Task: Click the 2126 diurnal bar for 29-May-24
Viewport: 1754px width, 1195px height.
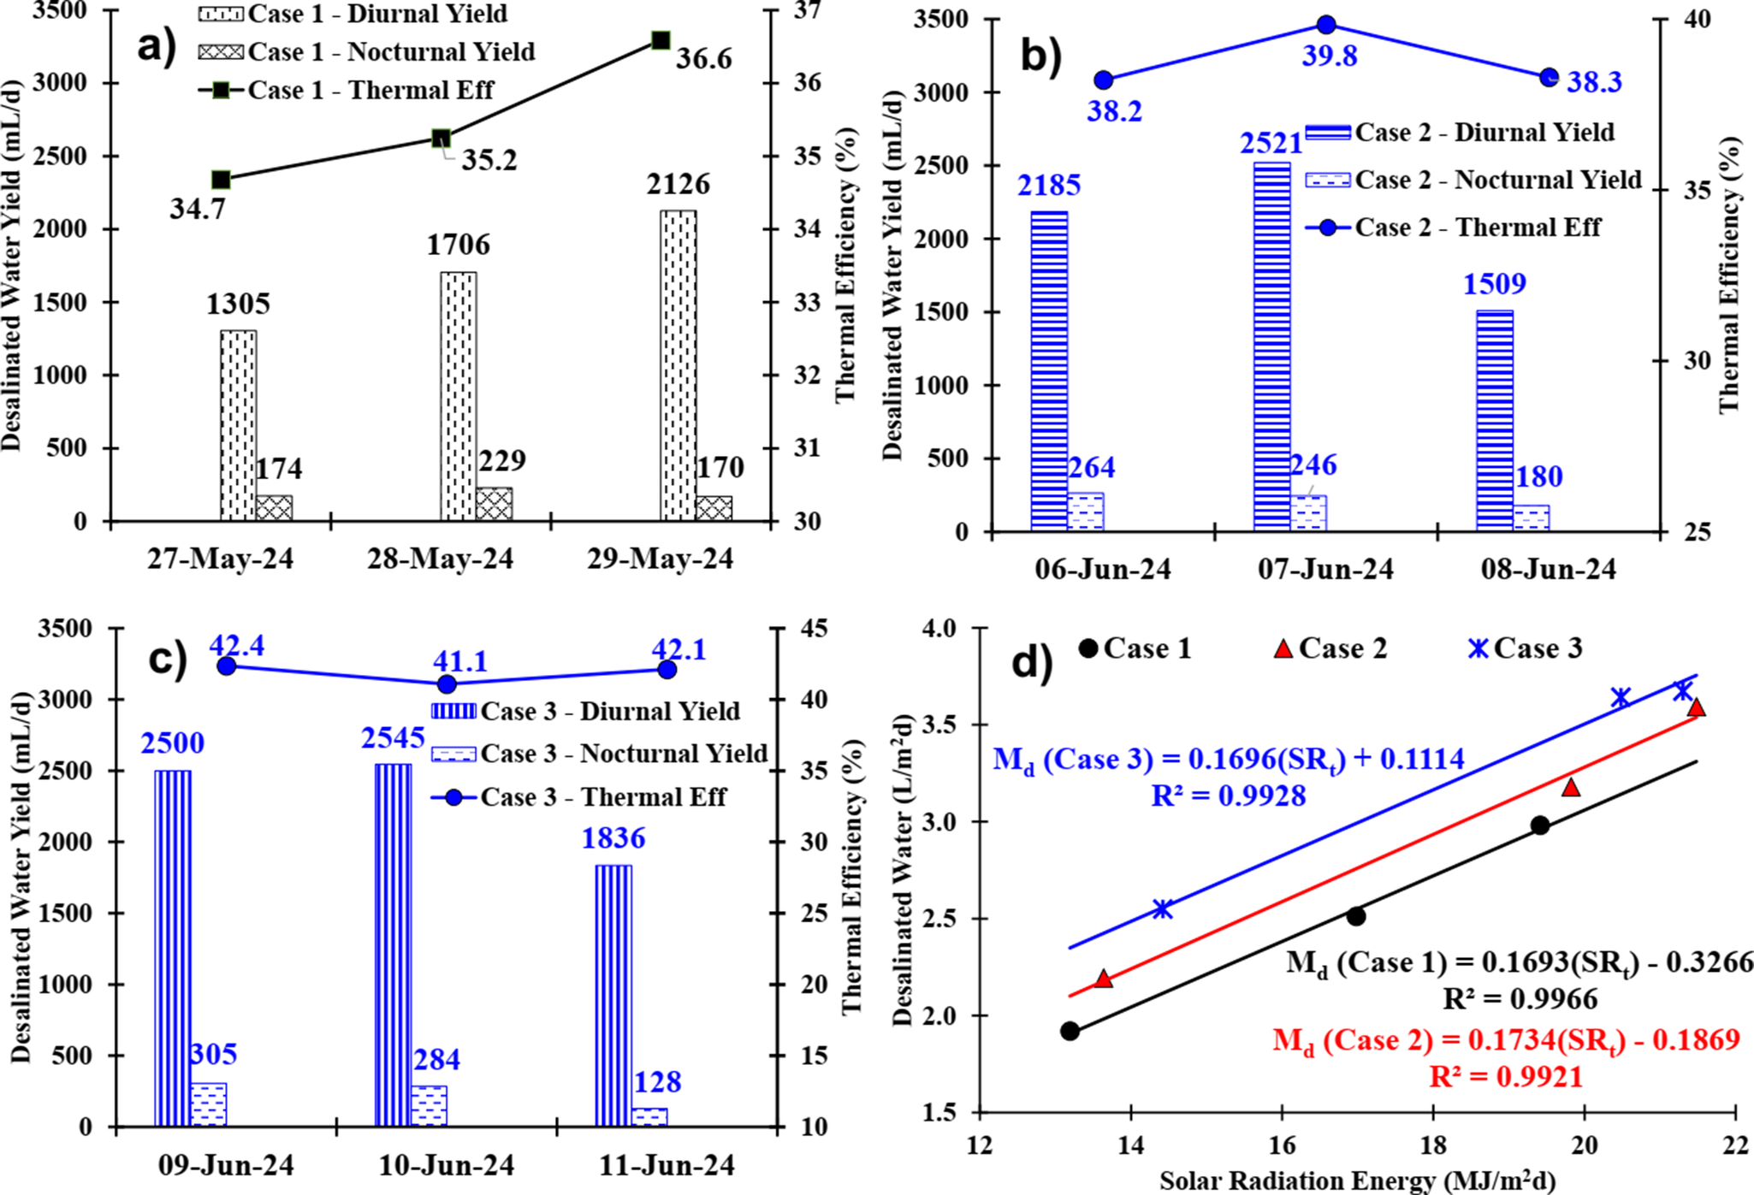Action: pyautogui.click(x=678, y=365)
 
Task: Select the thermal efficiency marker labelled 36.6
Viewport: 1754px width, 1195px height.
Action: pyautogui.click(x=661, y=40)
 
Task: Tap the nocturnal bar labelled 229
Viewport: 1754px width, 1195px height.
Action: pyautogui.click(x=494, y=504)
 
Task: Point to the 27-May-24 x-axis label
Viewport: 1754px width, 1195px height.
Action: pyautogui.click(x=220, y=559)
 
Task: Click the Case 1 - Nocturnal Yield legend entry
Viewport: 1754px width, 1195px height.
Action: pyautogui.click(x=367, y=52)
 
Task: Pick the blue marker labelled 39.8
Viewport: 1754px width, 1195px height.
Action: pyautogui.click(x=1326, y=25)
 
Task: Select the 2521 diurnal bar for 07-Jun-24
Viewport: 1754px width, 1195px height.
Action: pyautogui.click(x=1271, y=346)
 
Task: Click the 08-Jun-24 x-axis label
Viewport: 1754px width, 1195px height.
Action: pyautogui.click(x=1549, y=570)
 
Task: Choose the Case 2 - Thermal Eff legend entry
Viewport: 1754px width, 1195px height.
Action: pyautogui.click(x=1454, y=228)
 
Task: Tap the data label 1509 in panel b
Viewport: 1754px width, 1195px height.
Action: pyautogui.click(x=1494, y=284)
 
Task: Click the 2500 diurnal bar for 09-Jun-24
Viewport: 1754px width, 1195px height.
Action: pyautogui.click(x=173, y=948)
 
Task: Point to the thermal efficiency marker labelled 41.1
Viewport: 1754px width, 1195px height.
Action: pyautogui.click(x=447, y=683)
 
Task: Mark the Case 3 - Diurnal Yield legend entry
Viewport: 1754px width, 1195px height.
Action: pyautogui.click(x=586, y=711)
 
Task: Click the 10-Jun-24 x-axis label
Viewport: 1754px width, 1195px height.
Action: pyautogui.click(x=447, y=1165)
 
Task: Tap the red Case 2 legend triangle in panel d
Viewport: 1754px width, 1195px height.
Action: pyautogui.click(x=1283, y=649)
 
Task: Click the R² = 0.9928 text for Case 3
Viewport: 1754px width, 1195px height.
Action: pyautogui.click(x=1229, y=796)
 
